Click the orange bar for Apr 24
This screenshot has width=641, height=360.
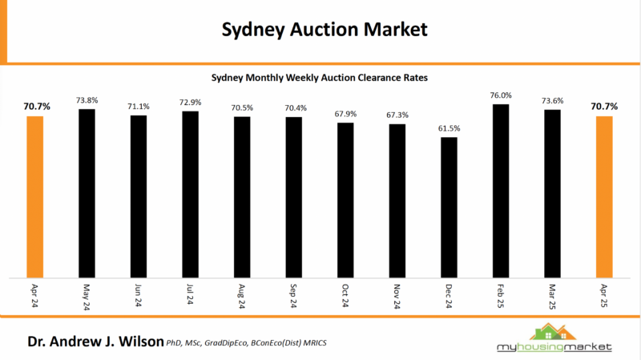(35, 196)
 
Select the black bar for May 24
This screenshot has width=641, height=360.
(87, 192)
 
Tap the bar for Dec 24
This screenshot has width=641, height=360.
(449, 207)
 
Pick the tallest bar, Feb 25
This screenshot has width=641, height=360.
(501, 189)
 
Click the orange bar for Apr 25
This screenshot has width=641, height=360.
(604, 196)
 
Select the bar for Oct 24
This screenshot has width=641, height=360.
(345, 200)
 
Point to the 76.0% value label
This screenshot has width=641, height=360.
(501, 95)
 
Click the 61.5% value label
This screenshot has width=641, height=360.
(449, 129)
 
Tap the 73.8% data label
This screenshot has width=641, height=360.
(87, 100)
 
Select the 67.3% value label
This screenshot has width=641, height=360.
(397, 115)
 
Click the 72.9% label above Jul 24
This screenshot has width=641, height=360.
(190, 103)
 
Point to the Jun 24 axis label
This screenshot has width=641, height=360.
(139, 294)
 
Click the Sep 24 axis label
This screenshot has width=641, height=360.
(294, 294)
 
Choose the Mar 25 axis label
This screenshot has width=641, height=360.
(553, 294)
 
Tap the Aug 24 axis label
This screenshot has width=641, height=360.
(242, 294)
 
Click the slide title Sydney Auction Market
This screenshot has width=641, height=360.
(320, 30)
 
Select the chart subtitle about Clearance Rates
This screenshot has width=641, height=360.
(320, 79)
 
